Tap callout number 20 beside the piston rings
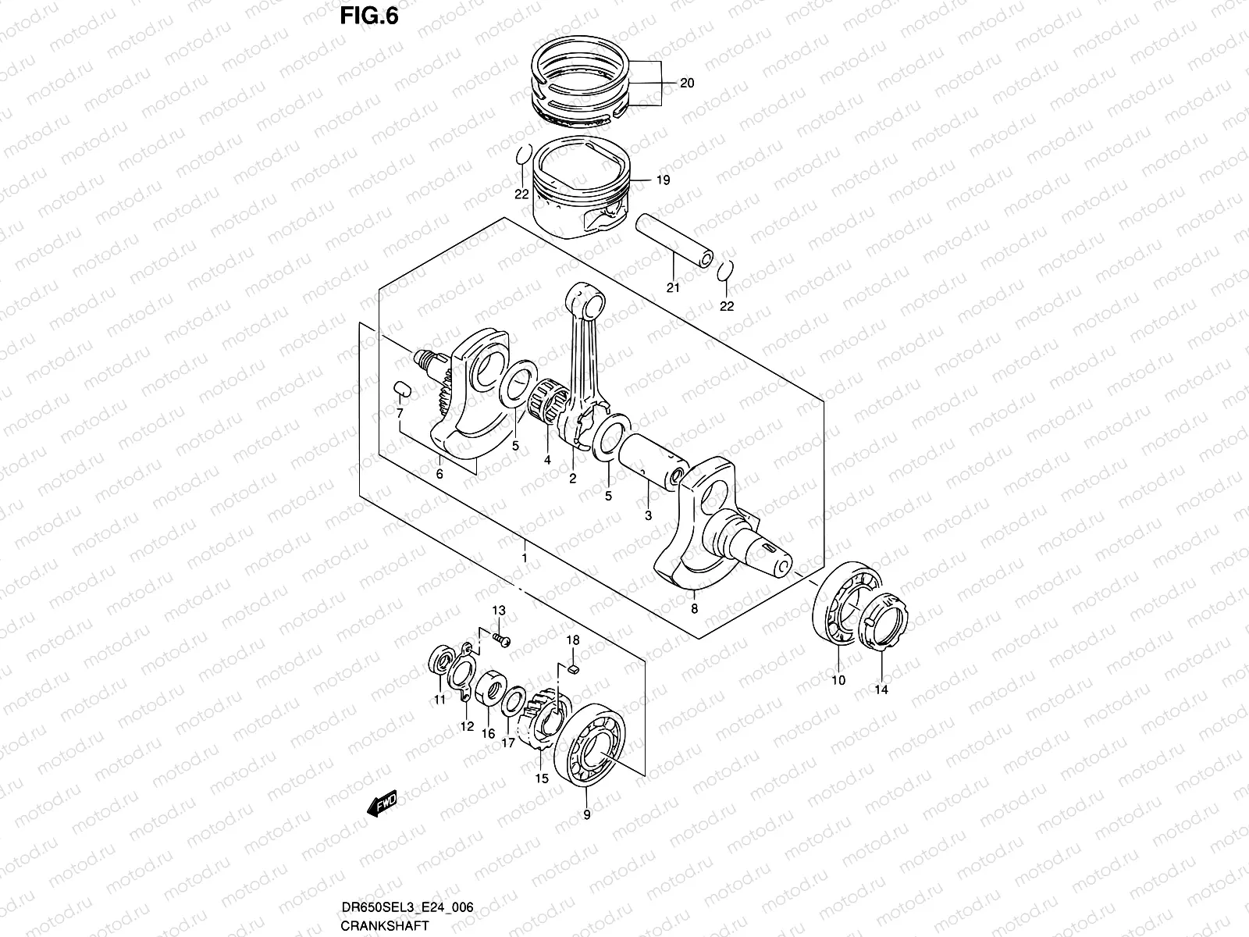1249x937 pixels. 687,84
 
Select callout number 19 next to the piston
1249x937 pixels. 663,181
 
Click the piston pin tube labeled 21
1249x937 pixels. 675,244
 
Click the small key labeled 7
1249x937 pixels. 400,389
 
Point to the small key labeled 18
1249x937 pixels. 574,668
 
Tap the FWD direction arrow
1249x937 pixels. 382,803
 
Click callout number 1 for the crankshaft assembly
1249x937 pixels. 525,558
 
